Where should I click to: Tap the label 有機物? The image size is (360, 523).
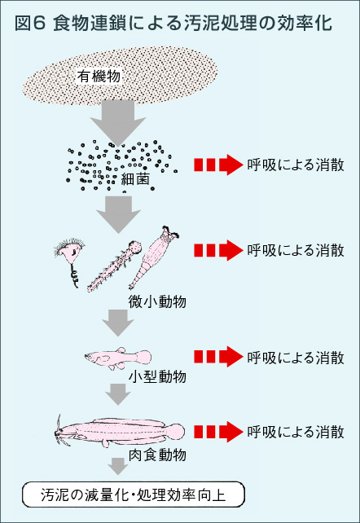click(x=99, y=76)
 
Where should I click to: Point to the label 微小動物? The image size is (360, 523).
click(x=158, y=301)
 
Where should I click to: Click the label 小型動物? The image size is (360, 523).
click(x=158, y=376)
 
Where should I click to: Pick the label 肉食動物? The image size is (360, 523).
click(x=158, y=454)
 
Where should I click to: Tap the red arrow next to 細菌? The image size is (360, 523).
click(x=219, y=165)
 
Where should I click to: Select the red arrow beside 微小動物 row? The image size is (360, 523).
click(x=219, y=249)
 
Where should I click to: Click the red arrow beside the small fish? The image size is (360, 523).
click(x=219, y=357)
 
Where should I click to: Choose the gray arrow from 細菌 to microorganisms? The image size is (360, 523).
click(x=119, y=214)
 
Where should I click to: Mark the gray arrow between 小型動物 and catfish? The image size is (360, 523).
click(x=119, y=395)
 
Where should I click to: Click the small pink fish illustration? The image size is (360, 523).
click(x=118, y=357)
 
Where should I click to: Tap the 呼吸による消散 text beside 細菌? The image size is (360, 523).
click(x=295, y=165)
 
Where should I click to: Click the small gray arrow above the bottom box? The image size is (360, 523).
click(x=119, y=467)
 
